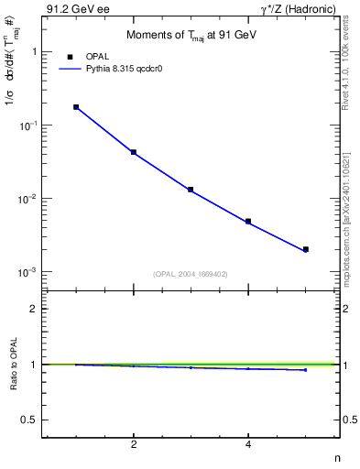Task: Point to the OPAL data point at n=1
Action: (x=76, y=107)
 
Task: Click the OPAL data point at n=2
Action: (x=134, y=152)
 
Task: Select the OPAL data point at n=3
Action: (x=191, y=190)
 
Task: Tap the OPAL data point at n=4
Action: (x=248, y=221)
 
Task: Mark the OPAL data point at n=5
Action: (x=306, y=249)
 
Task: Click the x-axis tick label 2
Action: (x=134, y=444)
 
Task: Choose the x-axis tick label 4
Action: (x=248, y=444)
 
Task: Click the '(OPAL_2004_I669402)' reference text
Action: (x=190, y=274)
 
